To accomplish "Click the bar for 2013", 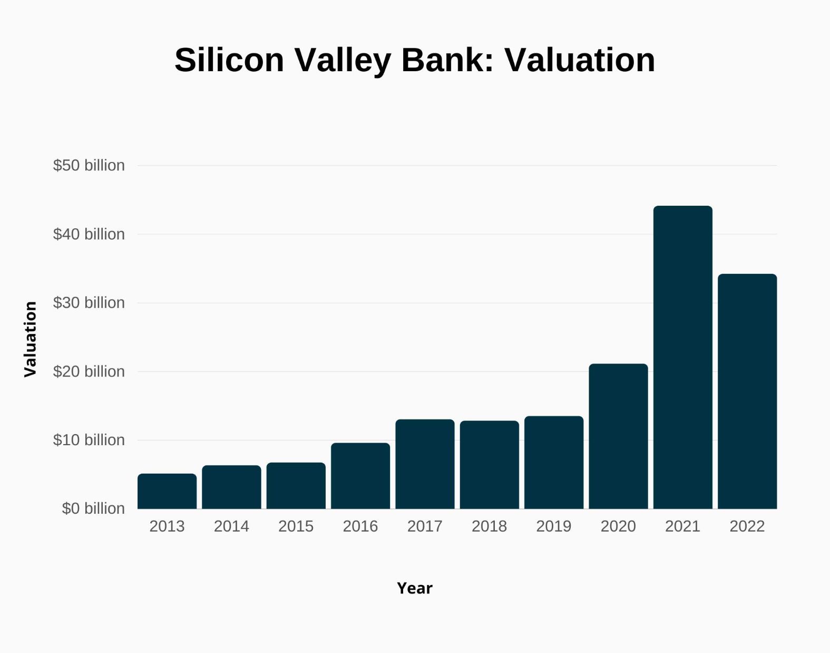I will pos(167,491).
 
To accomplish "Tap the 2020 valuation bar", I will pos(618,436).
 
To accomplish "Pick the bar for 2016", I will pos(360,476).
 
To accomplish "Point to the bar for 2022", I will pos(747,391).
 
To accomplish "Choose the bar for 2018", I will pos(489,465).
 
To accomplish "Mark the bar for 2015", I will pos(296,485).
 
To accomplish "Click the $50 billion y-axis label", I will pos(89,166).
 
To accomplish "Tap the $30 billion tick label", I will pos(89,303).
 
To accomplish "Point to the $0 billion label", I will pos(93,508).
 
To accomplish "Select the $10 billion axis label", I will pos(89,440).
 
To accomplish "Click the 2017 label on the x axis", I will pos(425,526).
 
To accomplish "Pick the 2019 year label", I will pos(553,526).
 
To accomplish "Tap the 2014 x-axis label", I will pos(231,526).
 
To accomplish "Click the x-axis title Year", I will pos(415,588).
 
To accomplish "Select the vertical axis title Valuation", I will pos(31,339).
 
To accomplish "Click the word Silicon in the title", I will pos(229,60).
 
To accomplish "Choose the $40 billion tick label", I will pos(89,234).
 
